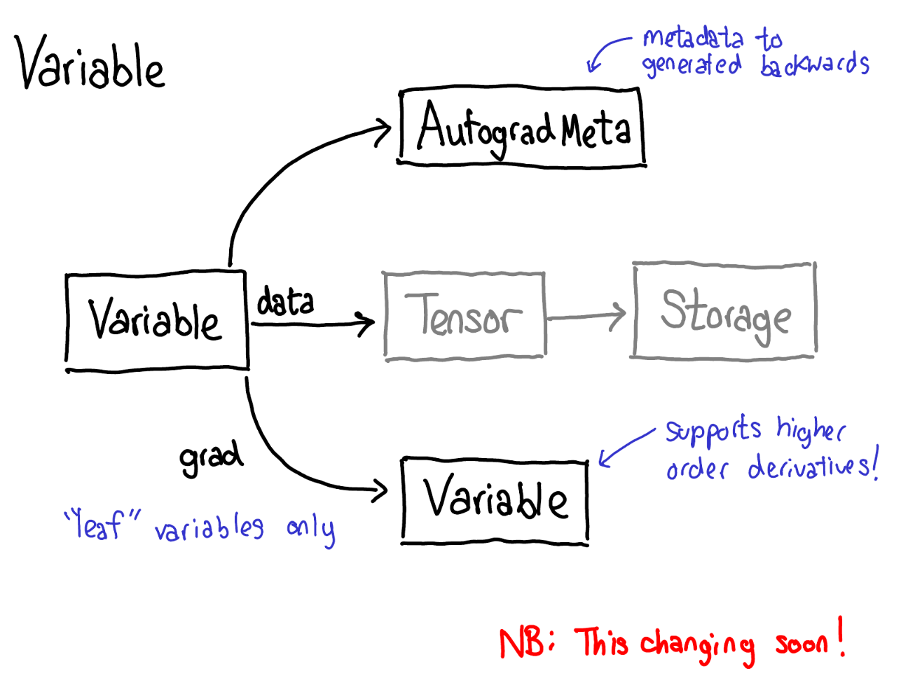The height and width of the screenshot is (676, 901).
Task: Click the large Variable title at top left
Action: pos(90,64)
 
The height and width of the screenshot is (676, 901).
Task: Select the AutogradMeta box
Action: pos(523,128)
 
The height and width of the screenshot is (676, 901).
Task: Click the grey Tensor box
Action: pos(465,316)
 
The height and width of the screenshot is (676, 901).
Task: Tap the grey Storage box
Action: pos(724,311)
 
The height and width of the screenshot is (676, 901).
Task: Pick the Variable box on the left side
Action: pos(157,320)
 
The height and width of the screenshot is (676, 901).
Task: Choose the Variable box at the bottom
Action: pos(495,500)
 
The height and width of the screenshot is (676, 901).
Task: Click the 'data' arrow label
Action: pos(285,302)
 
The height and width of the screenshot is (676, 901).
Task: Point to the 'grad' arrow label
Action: pos(210,458)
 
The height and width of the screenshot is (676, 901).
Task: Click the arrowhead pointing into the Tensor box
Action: pos(366,324)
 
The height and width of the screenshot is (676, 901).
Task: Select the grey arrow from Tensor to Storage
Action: pos(586,317)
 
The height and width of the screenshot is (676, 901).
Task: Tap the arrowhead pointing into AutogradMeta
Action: pos(384,132)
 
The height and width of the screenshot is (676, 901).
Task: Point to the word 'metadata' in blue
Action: pos(692,39)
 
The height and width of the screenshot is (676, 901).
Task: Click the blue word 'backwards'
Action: pos(814,65)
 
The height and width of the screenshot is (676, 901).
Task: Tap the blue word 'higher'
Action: pos(810,430)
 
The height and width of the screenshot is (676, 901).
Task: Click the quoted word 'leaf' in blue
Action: pos(102,524)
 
